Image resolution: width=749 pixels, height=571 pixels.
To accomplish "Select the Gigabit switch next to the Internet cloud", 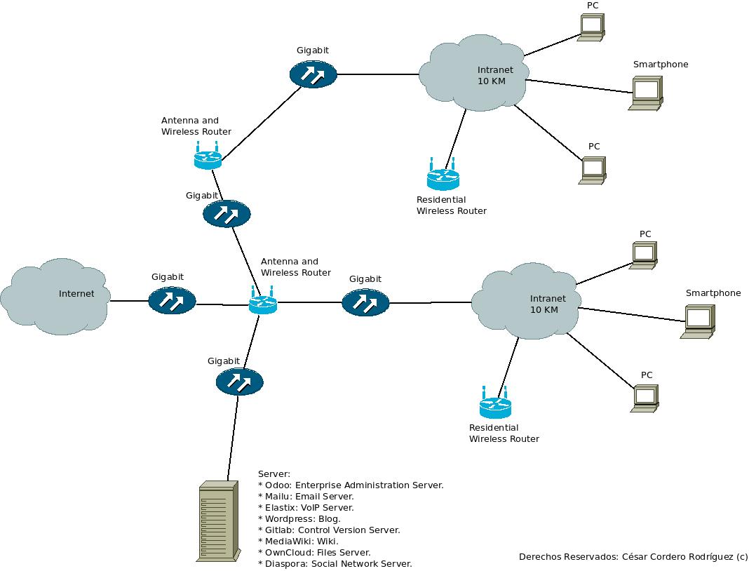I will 172,301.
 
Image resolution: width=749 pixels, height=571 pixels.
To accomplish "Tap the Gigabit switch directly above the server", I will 239,382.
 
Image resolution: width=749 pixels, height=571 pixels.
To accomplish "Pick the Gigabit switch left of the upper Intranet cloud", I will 313,74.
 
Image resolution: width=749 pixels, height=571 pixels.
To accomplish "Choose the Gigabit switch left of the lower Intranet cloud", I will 365,302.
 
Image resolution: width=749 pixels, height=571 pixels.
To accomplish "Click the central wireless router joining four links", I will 263,303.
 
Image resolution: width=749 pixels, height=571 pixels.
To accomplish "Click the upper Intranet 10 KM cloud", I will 475,75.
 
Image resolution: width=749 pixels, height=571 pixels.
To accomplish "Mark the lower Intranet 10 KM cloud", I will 526,302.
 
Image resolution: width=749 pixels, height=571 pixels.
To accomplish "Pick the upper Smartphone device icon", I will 646,93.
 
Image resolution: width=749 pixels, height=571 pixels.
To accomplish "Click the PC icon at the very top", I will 592,27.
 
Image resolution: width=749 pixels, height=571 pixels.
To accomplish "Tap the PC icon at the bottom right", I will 645,398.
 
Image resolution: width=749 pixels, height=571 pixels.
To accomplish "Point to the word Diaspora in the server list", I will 285,563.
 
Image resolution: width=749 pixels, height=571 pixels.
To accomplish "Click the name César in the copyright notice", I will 637,557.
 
